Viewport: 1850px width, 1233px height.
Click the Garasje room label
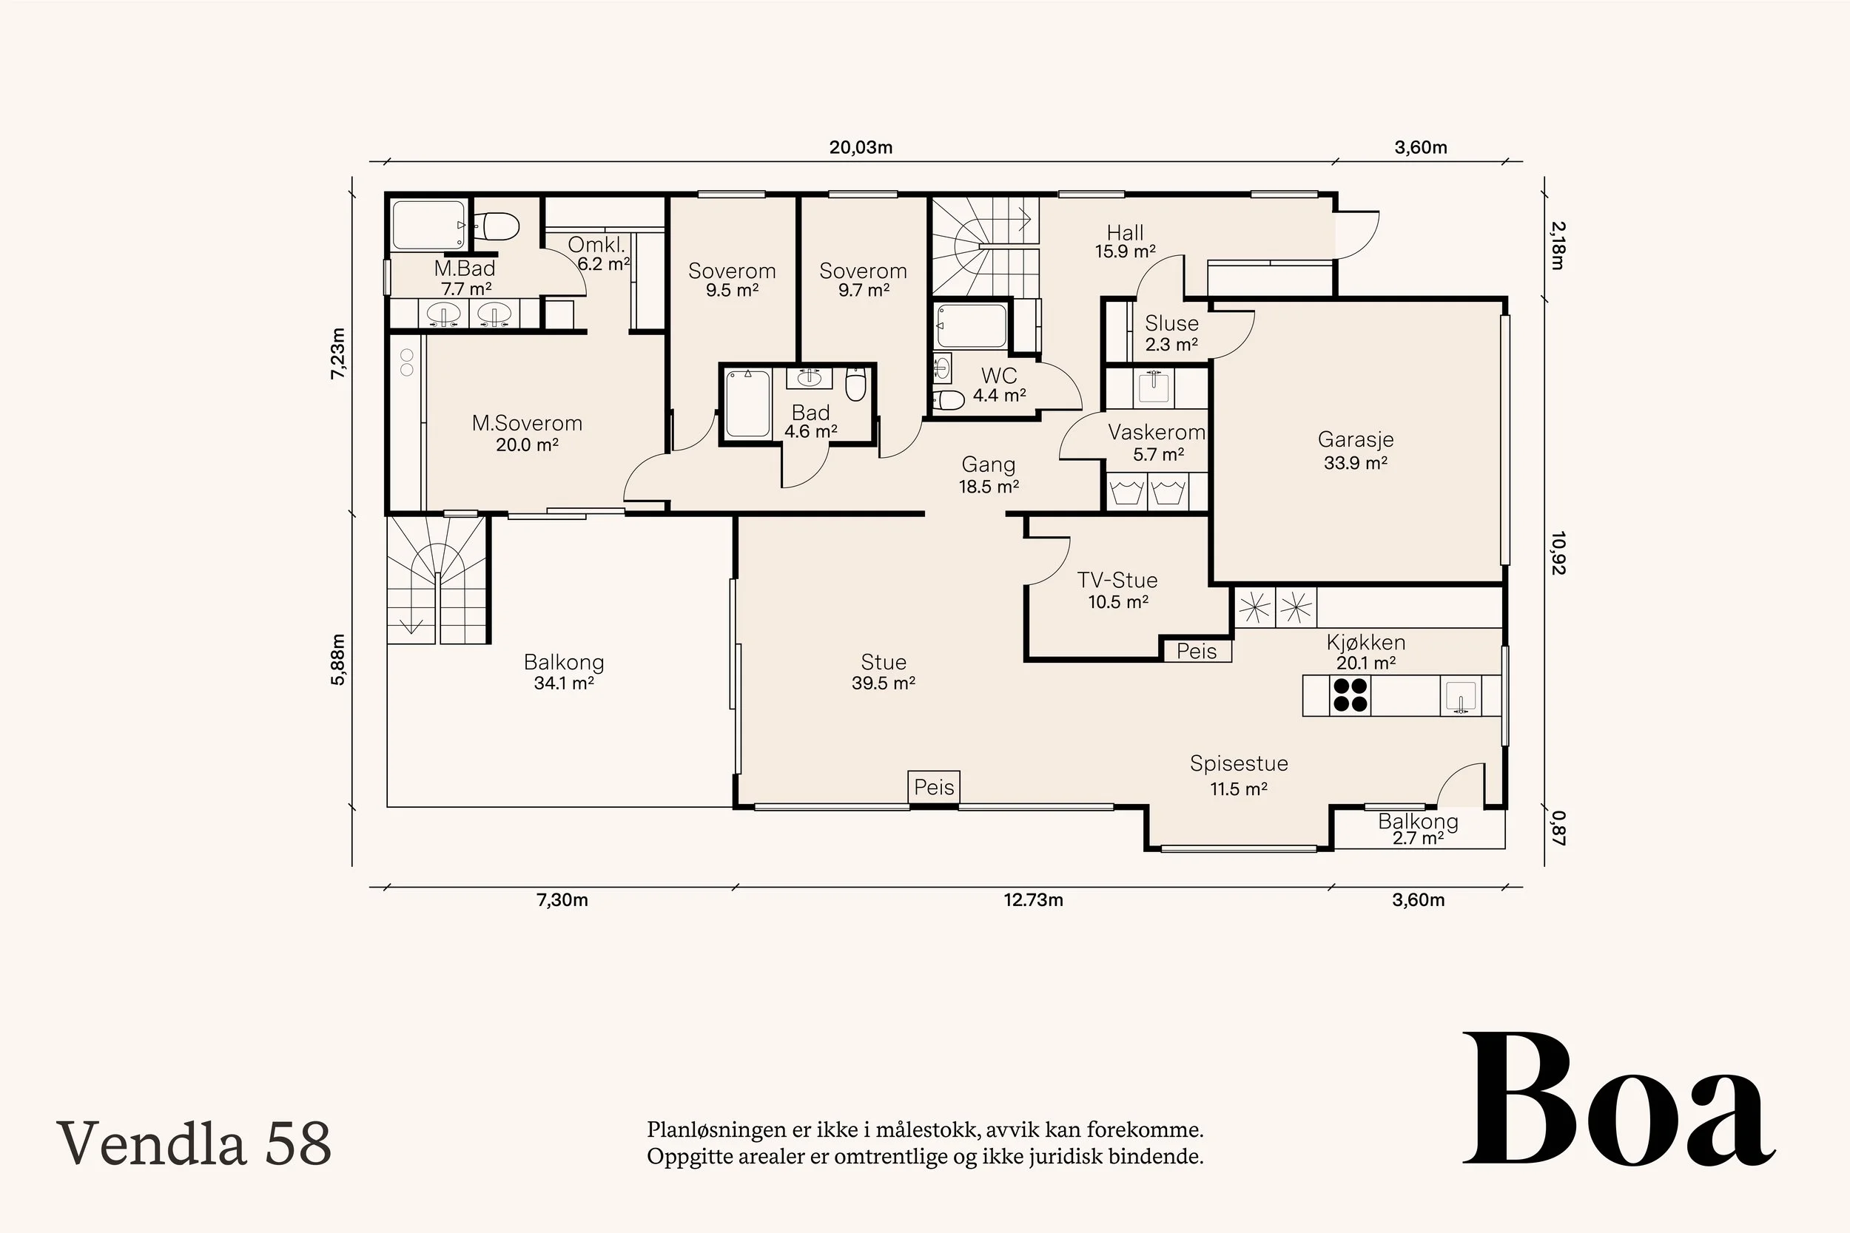pyautogui.click(x=1355, y=439)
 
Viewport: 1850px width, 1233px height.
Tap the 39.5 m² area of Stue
pyautogui.click(x=884, y=683)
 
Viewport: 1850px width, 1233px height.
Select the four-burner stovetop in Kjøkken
pyautogui.click(x=1350, y=695)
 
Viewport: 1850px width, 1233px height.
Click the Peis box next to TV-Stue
pyautogui.click(x=1197, y=650)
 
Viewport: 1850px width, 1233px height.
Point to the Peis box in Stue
pyautogui.click(x=934, y=786)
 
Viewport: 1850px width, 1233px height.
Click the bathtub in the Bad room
pyautogui.click(x=747, y=403)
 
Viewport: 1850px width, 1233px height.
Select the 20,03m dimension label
pyautogui.click(x=861, y=147)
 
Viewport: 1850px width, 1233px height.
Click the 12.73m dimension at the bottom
pyautogui.click(x=1033, y=899)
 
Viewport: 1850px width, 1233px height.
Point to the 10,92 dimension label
pyautogui.click(x=1558, y=553)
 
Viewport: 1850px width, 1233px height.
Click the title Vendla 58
pyautogui.click(x=193, y=1144)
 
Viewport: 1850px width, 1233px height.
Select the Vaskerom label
pyautogui.click(x=1156, y=432)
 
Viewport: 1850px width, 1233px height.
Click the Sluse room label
pyautogui.click(x=1171, y=323)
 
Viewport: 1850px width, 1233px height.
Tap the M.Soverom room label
pyautogui.click(x=527, y=423)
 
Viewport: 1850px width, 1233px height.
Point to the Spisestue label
pyautogui.click(x=1239, y=763)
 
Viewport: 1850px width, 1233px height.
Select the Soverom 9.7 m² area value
pyautogui.click(x=863, y=290)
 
